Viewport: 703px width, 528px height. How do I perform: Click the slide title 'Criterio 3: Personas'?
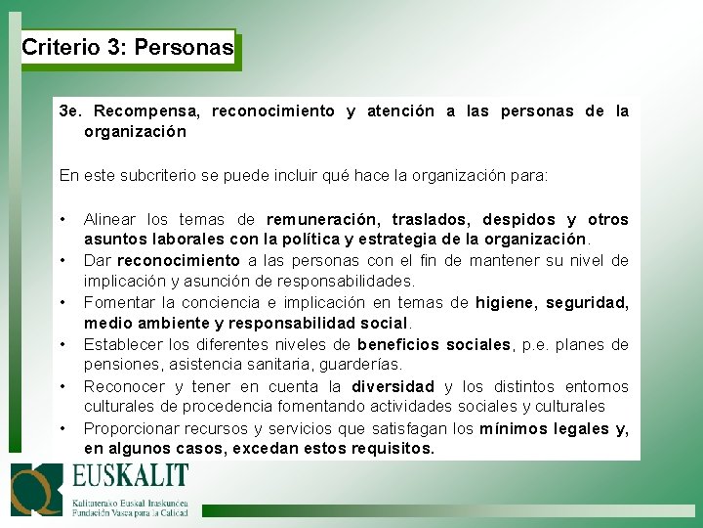pyautogui.click(x=128, y=47)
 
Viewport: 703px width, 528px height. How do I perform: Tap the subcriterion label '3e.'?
pyautogui.click(x=71, y=111)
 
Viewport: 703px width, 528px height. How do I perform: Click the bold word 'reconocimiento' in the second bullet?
pyautogui.click(x=178, y=260)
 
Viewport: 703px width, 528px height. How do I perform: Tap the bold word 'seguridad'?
pyautogui.click(x=588, y=303)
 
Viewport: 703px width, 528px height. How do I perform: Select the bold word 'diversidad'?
pyautogui.click(x=393, y=385)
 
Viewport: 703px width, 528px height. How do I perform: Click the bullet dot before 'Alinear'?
pyautogui.click(x=62, y=218)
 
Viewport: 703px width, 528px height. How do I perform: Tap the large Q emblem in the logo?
pyautogui.click(x=36, y=490)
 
